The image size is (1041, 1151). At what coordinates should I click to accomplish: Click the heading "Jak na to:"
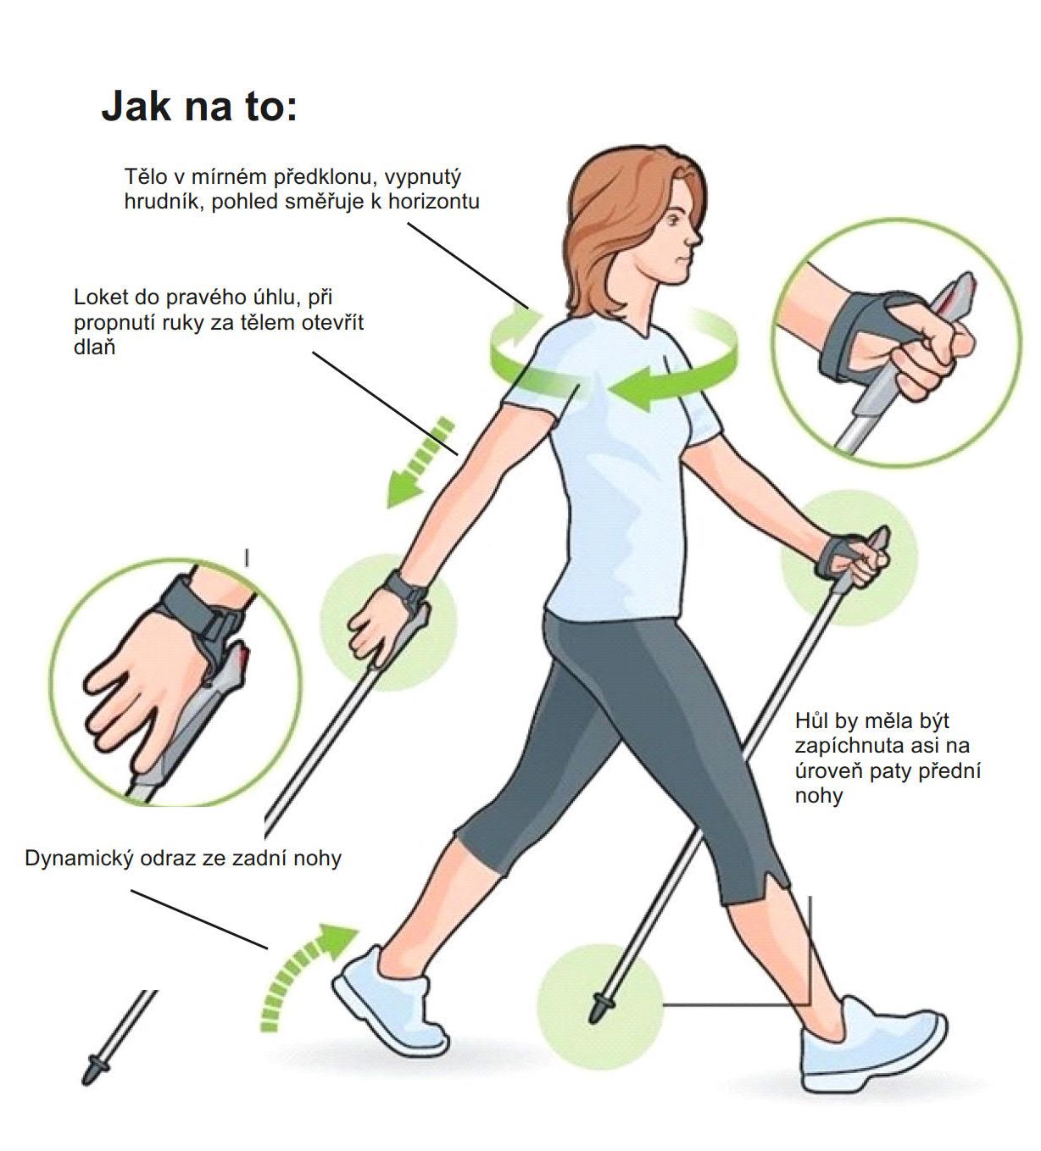[x=199, y=107]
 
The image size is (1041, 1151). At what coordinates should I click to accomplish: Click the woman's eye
[x=674, y=220]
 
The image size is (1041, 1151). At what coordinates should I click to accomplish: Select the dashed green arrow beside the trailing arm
[x=420, y=464]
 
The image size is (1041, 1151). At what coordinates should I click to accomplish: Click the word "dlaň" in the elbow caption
[x=95, y=347]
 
